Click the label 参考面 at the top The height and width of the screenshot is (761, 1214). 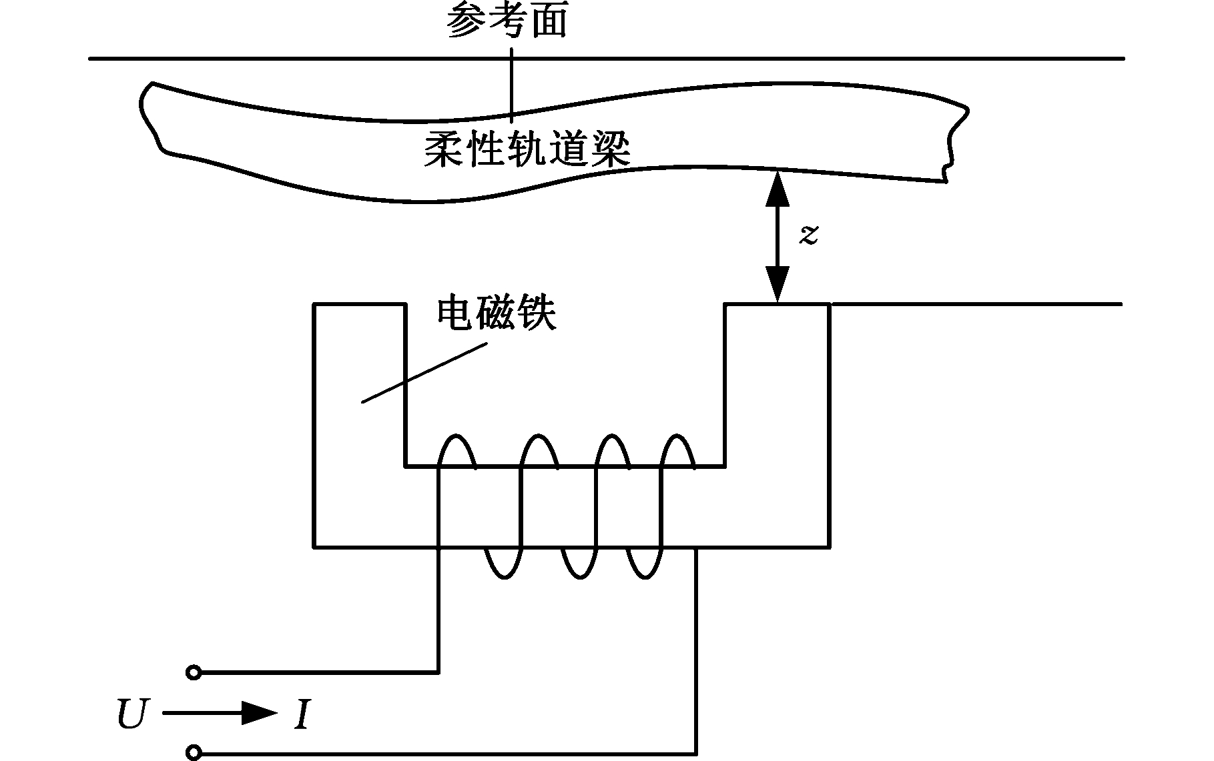click(x=507, y=20)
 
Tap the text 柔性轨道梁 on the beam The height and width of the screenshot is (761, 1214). click(x=527, y=148)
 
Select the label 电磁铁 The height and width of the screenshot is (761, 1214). click(x=497, y=313)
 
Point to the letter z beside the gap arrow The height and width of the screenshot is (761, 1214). click(x=809, y=234)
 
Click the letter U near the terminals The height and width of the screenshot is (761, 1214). click(x=131, y=714)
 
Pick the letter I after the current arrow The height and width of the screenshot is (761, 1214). click(x=302, y=715)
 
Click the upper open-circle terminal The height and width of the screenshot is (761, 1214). click(x=194, y=672)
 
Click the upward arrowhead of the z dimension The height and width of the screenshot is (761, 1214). click(x=777, y=188)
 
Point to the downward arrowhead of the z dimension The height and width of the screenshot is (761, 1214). click(x=777, y=284)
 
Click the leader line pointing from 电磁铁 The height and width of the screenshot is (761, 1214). click(x=424, y=373)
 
